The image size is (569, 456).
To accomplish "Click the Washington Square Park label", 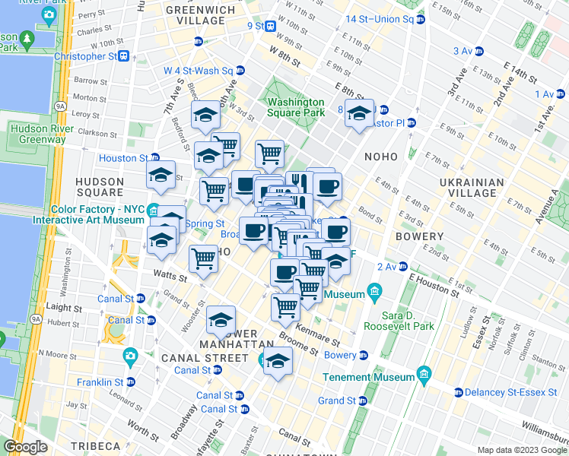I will pos(296,107).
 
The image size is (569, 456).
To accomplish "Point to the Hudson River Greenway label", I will pos(38,134).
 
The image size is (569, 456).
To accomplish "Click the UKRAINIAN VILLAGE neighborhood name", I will pos(471,188).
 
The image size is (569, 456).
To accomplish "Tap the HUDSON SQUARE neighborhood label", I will pos(100,187).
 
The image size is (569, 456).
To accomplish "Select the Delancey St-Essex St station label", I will pos(510,393).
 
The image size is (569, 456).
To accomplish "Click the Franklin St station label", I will pos(105,382).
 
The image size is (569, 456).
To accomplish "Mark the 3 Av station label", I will pos(463,51).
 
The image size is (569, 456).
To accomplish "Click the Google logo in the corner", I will pos(26,447).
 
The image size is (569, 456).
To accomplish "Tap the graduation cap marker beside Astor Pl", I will pos(358,115).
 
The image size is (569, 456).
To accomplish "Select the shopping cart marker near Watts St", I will pos(203,260).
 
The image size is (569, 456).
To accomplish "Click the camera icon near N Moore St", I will pos(130,355).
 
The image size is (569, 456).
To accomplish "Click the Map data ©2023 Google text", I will pos(521,450).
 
